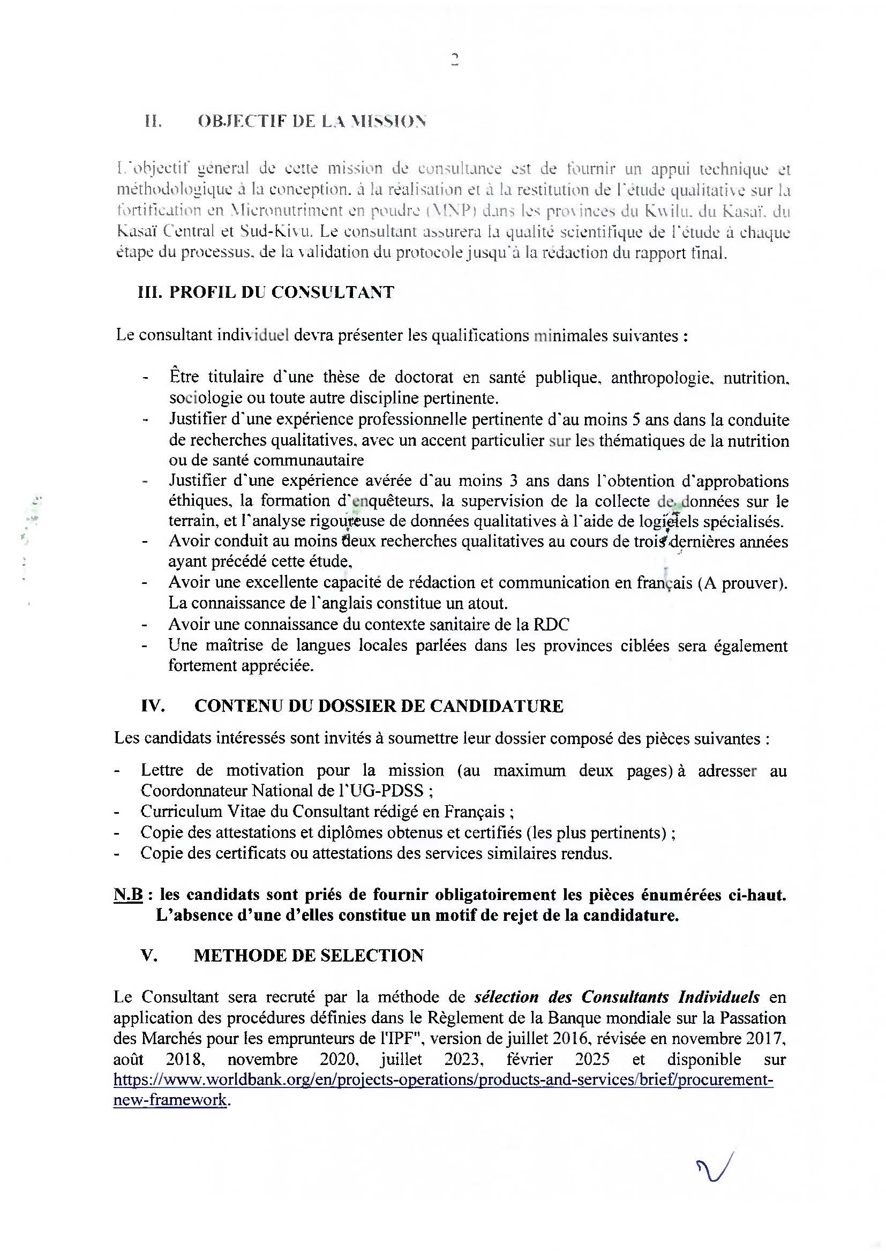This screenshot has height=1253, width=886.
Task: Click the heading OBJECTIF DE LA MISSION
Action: point(312,122)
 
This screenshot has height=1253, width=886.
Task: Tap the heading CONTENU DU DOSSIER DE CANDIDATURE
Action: point(379,706)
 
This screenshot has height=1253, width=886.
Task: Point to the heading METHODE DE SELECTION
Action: point(309,955)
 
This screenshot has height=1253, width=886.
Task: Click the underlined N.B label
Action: point(127,896)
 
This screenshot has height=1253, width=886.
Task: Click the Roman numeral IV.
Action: point(153,706)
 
